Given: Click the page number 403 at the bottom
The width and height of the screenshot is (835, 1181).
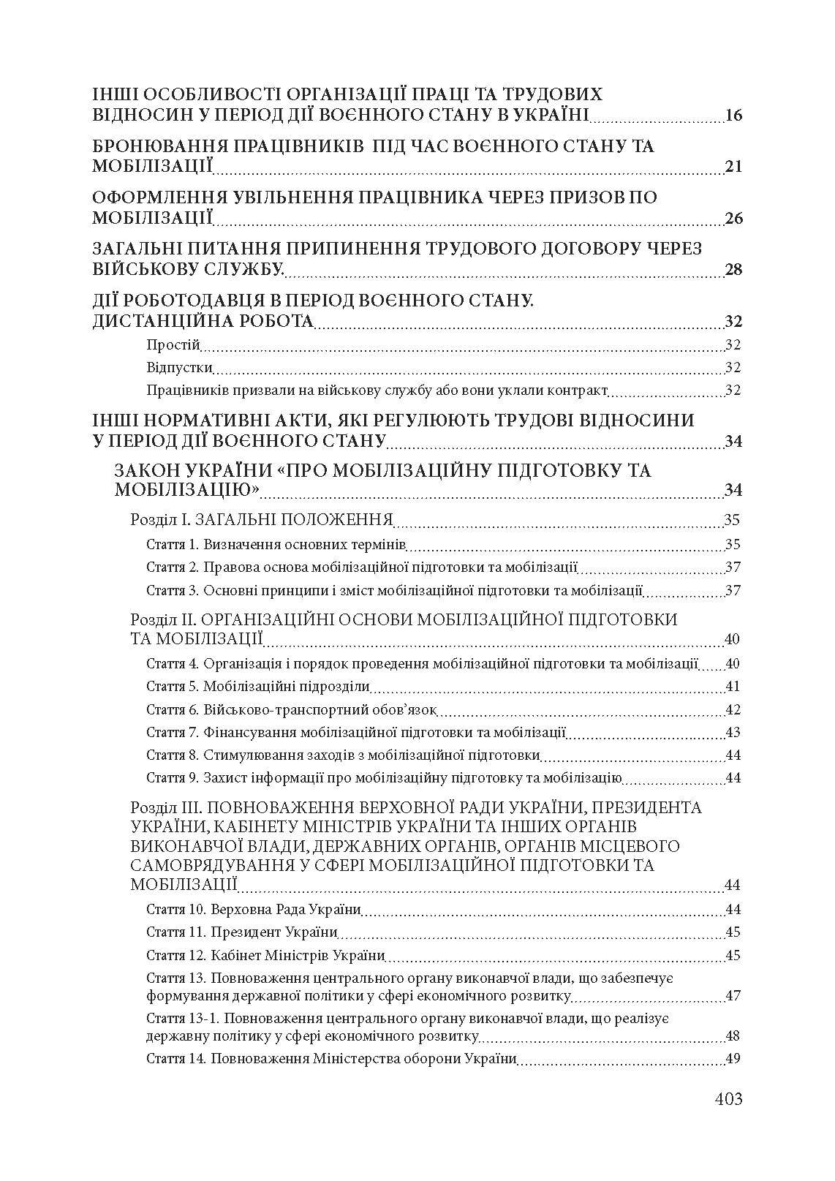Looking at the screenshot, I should [x=728, y=1098].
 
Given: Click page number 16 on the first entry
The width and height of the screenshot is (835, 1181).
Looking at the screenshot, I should [x=733, y=116].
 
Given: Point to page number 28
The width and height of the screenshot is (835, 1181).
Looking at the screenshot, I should [x=733, y=270].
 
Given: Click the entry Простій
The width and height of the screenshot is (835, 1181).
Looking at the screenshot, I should [x=173, y=345].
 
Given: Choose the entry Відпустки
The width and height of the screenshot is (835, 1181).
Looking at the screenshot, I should [x=179, y=367].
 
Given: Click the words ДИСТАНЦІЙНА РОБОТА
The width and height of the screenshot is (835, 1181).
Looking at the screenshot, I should [x=203, y=322].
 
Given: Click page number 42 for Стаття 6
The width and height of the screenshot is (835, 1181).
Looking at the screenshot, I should [x=732, y=709].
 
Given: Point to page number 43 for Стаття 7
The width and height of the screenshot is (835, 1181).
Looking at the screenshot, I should [x=732, y=732].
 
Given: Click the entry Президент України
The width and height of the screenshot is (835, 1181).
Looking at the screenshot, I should [x=273, y=932].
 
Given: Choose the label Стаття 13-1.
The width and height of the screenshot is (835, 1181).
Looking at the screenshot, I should [x=181, y=1018].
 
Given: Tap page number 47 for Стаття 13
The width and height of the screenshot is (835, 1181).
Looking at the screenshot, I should [x=732, y=996].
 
